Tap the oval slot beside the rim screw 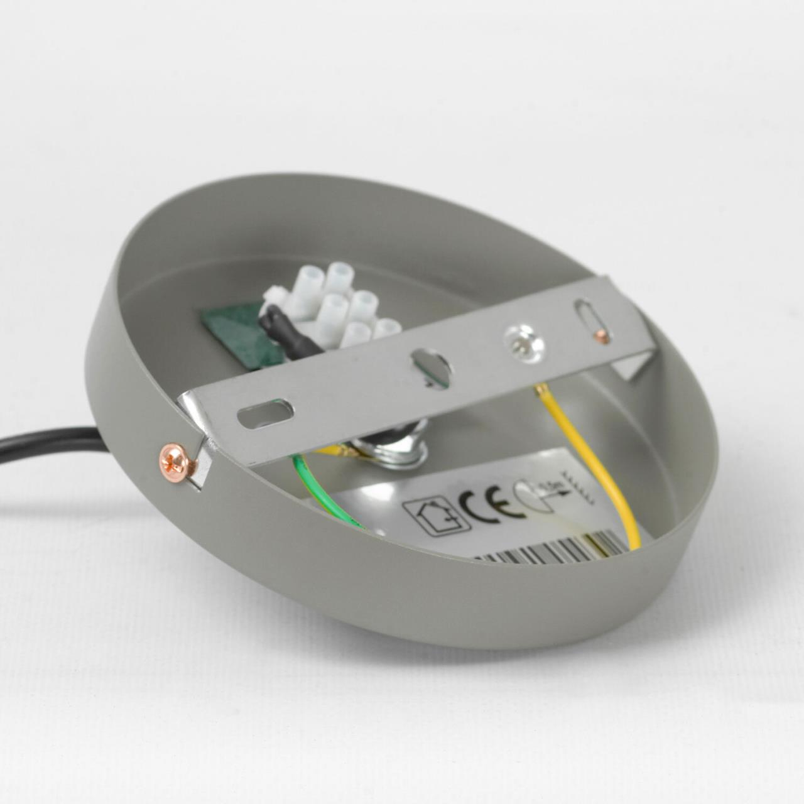266,413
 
